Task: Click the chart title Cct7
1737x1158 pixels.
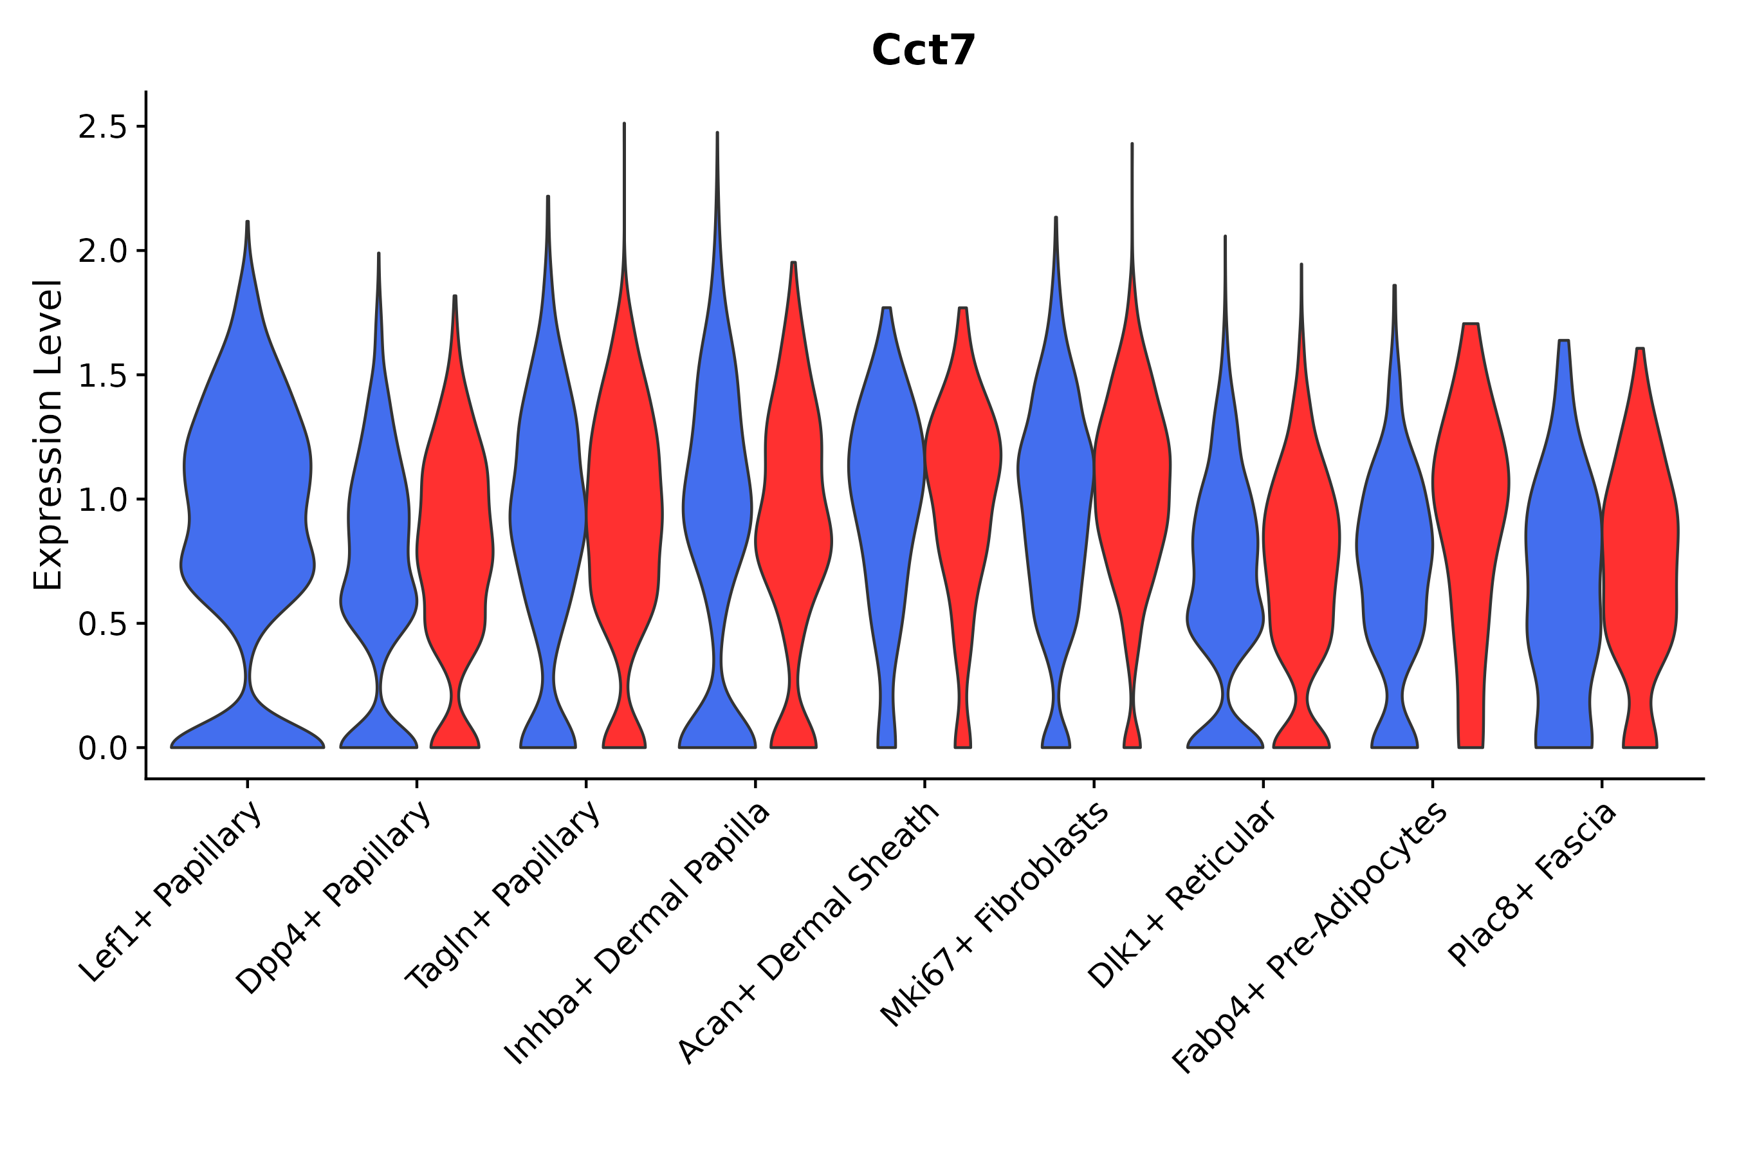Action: coord(923,50)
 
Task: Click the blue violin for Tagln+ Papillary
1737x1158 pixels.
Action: coord(548,517)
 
